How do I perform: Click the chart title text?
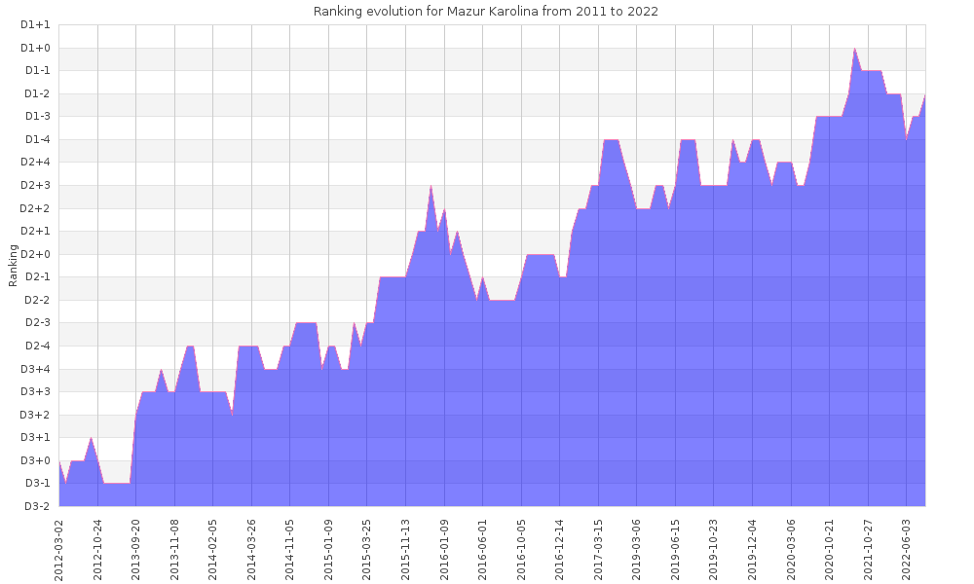pyautogui.click(x=485, y=12)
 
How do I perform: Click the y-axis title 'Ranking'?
pyautogui.click(x=13, y=265)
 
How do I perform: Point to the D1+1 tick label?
pyautogui.click(x=36, y=24)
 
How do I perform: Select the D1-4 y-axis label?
pyautogui.click(x=36, y=139)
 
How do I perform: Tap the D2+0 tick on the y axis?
pyautogui.click(x=36, y=254)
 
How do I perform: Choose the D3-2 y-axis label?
pyautogui.click(x=36, y=506)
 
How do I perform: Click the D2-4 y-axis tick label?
pyautogui.click(x=36, y=346)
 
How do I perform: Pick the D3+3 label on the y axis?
pyautogui.click(x=36, y=391)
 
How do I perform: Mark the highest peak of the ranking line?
pyautogui.click(x=855, y=48)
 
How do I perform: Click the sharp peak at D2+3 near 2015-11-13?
pyautogui.click(x=431, y=185)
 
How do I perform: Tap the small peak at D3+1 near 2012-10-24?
pyautogui.click(x=92, y=438)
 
